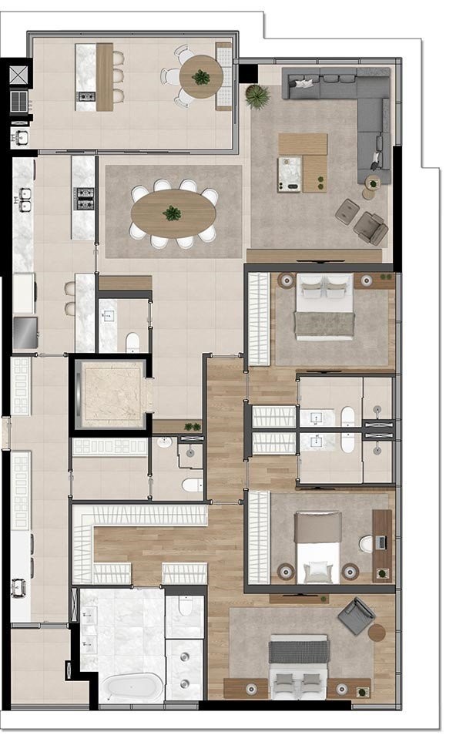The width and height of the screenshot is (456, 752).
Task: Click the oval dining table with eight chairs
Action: [x=173, y=213]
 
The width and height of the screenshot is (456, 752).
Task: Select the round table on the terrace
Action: [x=201, y=77]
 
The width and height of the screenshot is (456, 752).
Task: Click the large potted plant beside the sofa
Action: [x=257, y=96]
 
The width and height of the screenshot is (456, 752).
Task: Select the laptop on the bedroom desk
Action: [x=381, y=542]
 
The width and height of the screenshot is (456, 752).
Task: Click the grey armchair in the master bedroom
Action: [x=356, y=616]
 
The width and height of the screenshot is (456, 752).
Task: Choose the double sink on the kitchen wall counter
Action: [x=25, y=200]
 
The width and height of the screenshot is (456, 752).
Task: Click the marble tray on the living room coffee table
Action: [x=290, y=174]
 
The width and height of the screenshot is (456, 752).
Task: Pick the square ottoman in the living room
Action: [x=346, y=211]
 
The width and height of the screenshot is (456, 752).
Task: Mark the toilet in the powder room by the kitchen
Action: [x=132, y=341]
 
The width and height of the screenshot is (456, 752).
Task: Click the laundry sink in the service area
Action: [x=19, y=588]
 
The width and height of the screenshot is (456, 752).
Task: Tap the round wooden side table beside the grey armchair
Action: [x=376, y=633]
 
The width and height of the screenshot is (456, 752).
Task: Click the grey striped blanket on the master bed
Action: [x=298, y=651]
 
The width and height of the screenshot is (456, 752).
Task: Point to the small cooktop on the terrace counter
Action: [x=86, y=96]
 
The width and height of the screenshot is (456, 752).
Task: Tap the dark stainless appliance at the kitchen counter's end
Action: [x=25, y=332]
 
